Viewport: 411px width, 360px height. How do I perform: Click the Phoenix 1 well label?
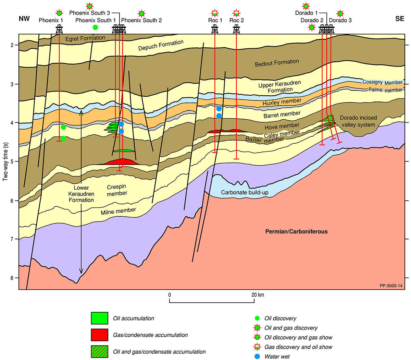(x=51, y=20)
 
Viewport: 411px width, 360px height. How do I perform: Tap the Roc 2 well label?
(x=237, y=20)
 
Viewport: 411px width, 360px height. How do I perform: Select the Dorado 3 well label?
(x=340, y=20)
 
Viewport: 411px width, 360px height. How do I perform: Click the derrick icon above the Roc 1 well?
(x=215, y=29)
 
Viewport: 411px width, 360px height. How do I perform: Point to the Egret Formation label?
(x=85, y=38)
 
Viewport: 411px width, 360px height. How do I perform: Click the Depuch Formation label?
(x=161, y=45)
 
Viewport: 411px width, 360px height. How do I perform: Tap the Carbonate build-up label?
(x=245, y=192)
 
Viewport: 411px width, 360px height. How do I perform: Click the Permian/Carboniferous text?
(x=296, y=231)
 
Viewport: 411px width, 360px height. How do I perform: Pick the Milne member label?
(x=118, y=211)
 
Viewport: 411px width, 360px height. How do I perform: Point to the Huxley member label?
(x=282, y=102)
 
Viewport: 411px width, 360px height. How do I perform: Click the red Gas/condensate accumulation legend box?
(x=99, y=335)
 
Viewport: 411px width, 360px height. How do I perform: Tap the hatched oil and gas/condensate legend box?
(x=99, y=352)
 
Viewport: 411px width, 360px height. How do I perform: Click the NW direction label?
(x=24, y=19)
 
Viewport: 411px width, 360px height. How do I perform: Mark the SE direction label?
(x=400, y=19)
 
